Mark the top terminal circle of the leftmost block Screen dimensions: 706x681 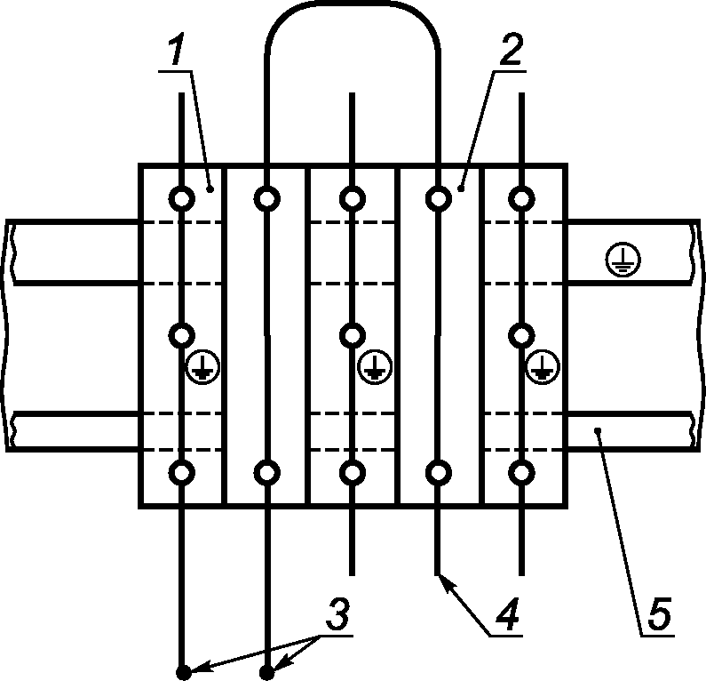point(182,197)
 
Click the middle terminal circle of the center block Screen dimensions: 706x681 point(353,335)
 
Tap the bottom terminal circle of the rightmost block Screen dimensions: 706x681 point(521,472)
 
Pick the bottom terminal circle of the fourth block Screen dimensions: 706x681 point(438,472)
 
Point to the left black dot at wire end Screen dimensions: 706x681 point(182,672)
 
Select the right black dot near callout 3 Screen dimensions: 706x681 point(267,672)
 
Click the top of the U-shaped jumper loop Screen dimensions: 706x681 point(353,4)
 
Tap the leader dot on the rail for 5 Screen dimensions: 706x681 point(600,430)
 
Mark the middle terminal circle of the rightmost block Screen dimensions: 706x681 point(521,335)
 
